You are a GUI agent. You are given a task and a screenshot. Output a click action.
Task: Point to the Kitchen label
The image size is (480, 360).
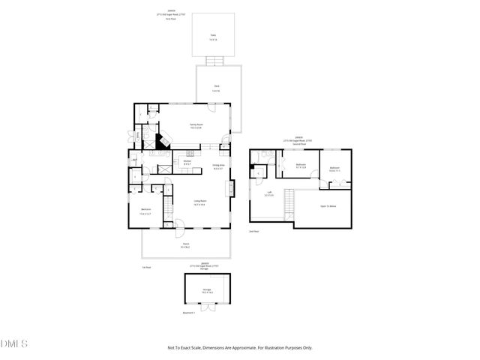pyautogui.click(x=187, y=163)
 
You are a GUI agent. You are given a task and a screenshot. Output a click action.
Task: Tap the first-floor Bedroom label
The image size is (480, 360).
pyautogui.click(x=145, y=211)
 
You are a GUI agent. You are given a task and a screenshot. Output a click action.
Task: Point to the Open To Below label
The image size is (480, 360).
pyautogui.click(x=328, y=204)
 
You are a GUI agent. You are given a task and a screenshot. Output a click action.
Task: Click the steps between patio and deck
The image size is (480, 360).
pyautogui.click(x=214, y=59)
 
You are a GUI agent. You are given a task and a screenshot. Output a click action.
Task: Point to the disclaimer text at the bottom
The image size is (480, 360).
pyautogui.click(x=239, y=347)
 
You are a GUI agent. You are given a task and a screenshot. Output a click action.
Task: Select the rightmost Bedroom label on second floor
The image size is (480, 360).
pyautogui.click(x=334, y=169)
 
